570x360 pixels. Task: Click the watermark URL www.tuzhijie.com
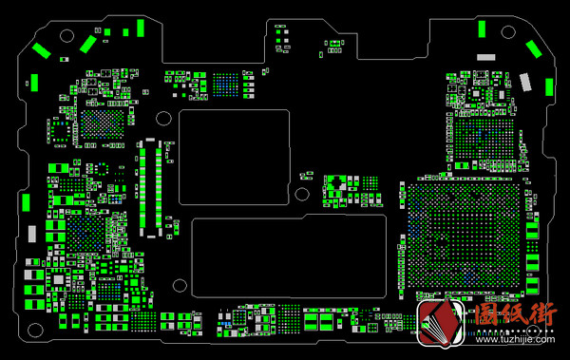[x=515, y=340]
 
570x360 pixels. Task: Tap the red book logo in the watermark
[x=441, y=323]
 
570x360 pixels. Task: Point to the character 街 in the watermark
[x=542, y=314]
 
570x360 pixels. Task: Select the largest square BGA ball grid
[x=465, y=236]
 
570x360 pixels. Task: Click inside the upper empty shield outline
[x=234, y=157]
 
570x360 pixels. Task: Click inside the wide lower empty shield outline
[x=289, y=256]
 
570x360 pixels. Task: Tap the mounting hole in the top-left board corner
[x=66, y=36]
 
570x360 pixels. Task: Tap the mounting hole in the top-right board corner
[x=508, y=32]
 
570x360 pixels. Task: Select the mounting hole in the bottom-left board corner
[x=35, y=331]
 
